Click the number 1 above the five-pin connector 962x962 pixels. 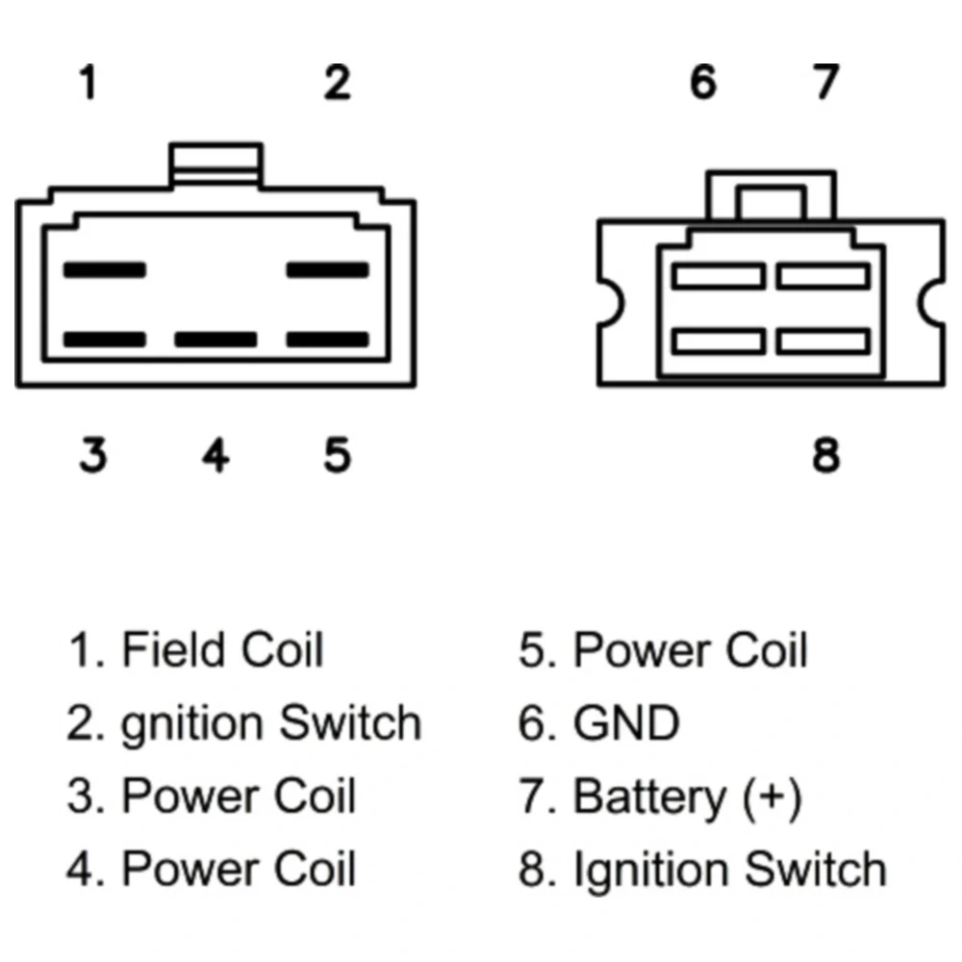click(88, 84)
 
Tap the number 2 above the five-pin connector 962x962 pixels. click(336, 84)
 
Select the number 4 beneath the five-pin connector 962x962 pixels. click(215, 455)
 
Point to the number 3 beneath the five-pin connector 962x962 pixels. click(92, 455)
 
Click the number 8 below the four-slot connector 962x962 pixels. click(825, 455)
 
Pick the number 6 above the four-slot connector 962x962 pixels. click(703, 84)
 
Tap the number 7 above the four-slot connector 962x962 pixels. click(825, 84)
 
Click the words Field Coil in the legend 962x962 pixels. click(222, 650)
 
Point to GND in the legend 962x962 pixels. click(626, 723)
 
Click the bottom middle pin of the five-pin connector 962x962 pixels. click(215, 340)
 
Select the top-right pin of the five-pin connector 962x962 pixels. click(328, 270)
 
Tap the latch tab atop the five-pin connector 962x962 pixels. click(215, 163)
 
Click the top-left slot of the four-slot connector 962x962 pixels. click(718, 277)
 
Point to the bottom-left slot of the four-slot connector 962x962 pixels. click(718, 342)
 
